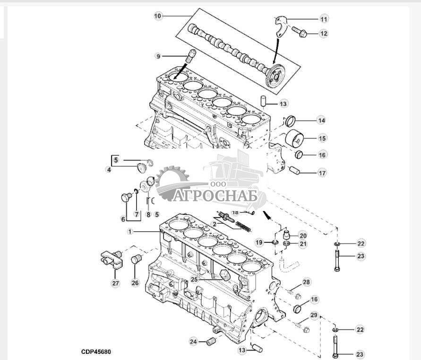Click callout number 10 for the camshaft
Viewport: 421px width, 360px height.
tap(158, 16)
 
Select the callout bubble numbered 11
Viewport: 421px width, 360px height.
tap(324, 19)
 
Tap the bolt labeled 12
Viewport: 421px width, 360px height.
tap(299, 33)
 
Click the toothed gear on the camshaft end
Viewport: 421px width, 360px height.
tap(275, 75)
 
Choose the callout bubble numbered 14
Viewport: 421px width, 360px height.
tap(321, 121)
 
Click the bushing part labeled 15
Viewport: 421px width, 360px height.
tap(295, 139)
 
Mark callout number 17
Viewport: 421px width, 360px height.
tap(322, 173)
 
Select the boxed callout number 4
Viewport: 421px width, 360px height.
tap(109, 169)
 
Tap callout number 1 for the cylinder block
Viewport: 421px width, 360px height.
tap(130, 231)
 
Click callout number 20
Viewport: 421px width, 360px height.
tap(302, 235)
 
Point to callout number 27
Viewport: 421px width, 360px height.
tap(116, 283)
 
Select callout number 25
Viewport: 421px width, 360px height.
tap(195, 280)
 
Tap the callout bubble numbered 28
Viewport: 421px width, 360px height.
tap(307, 282)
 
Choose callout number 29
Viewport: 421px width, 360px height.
tap(314, 316)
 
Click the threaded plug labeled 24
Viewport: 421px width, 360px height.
tap(211, 341)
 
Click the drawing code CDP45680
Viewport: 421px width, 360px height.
tap(95, 352)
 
